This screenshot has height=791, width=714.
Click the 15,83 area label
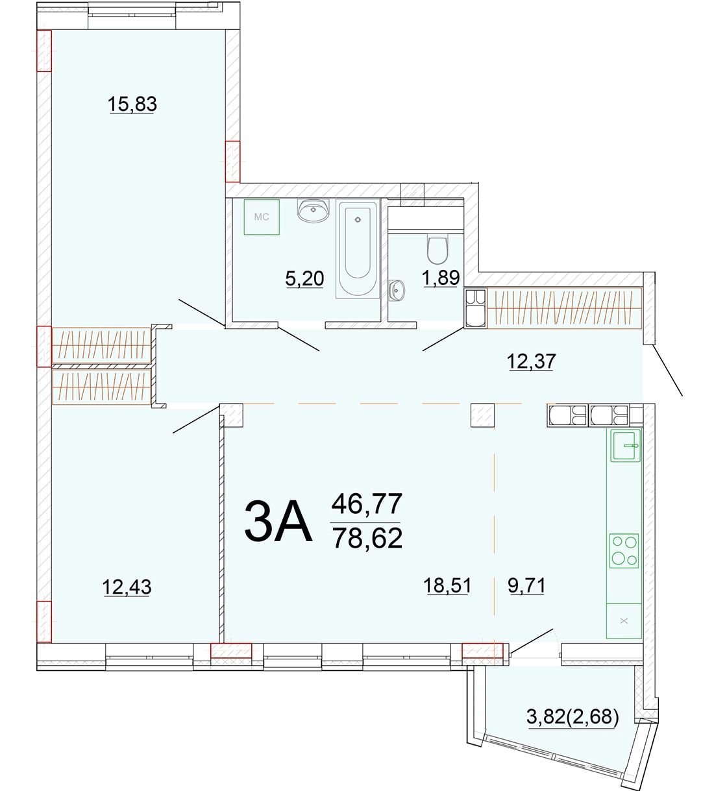point(132,104)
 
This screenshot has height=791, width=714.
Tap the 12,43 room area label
point(127,587)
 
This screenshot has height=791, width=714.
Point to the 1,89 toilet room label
point(441,278)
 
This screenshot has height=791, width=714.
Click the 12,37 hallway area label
point(532,361)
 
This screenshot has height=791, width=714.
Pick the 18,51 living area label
point(447,585)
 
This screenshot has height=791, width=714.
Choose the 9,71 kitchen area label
point(526,585)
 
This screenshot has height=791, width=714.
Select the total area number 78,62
point(367,538)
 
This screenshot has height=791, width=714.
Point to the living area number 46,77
point(367,504)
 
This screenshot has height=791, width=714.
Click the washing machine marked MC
point(262,217)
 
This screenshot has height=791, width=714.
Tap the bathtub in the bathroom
point(358,249)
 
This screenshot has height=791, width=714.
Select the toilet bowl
point(437,249)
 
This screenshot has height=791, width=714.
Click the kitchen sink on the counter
point(626,446)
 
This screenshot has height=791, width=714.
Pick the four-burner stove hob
point(624,551)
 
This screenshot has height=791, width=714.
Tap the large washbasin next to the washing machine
point(314,210)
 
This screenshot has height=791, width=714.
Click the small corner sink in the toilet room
point(396,291)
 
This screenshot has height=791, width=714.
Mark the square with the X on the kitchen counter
point(624,620)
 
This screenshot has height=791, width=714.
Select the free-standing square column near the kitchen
point(482,415)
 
